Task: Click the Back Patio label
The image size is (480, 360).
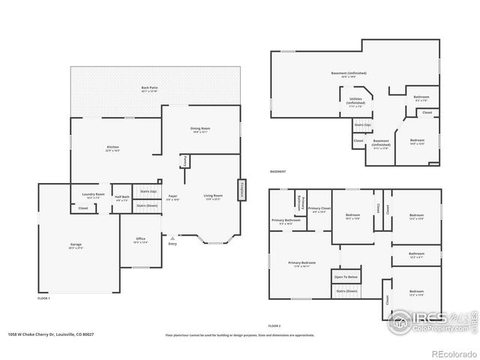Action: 149,88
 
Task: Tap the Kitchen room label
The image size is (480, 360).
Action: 113,147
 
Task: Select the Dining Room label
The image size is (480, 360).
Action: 200,129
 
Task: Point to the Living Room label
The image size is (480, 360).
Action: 213,196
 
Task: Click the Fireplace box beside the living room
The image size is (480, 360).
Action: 242,189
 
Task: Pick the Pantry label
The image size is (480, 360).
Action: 183,161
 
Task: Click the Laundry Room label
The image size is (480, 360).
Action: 94,195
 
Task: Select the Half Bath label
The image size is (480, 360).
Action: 121,197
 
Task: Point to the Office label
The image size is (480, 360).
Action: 141,241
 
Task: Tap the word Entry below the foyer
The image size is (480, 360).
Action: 172,244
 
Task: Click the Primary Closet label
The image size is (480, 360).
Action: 319,209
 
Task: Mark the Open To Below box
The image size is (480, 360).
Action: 346,277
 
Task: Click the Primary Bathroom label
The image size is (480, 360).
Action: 286,220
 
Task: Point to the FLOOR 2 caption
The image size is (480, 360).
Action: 274,326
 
